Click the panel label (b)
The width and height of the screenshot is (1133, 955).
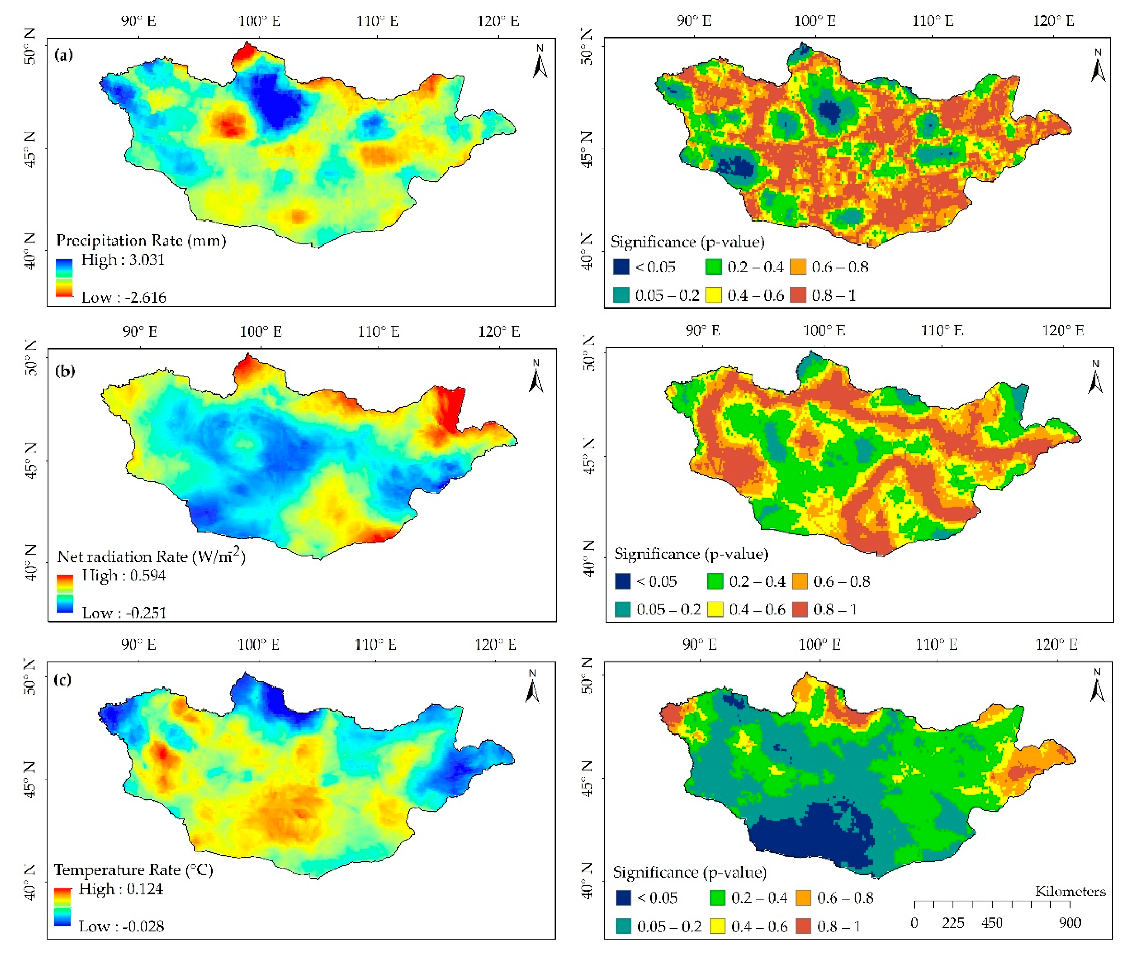click(x=65, y=371)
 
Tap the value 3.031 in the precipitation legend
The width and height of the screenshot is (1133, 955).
click(x=146, y=260)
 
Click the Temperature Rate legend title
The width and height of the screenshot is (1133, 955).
click(x=133, y=870)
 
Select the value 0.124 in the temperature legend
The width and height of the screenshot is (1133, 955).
click(x=144, y=889)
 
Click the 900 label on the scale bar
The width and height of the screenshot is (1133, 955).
click(x=1070, y=924)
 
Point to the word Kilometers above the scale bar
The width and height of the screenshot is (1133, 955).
click(x=1070, y=892)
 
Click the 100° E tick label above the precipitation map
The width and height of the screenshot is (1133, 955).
click(x=259, y=21)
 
